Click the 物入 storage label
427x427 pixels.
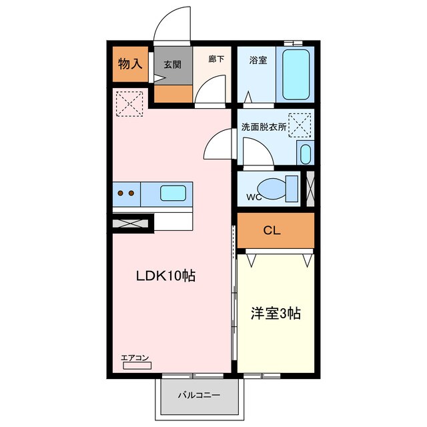coord(131,65)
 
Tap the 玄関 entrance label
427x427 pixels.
coord(173,65)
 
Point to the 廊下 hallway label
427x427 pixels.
coord(215,59)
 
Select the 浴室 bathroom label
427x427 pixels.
coord(258,60)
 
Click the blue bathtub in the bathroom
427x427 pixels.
coord(294,75)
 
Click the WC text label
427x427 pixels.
coord(254,197)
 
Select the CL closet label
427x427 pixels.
coord(272,231)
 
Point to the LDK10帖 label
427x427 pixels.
coord(166,276)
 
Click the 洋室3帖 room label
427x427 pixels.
coord(275,313)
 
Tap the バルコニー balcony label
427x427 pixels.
coord(198,395)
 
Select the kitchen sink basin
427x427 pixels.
coord(172,193)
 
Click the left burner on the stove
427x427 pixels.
coord(121,193)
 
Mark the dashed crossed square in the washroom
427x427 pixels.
coord(300,125)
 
